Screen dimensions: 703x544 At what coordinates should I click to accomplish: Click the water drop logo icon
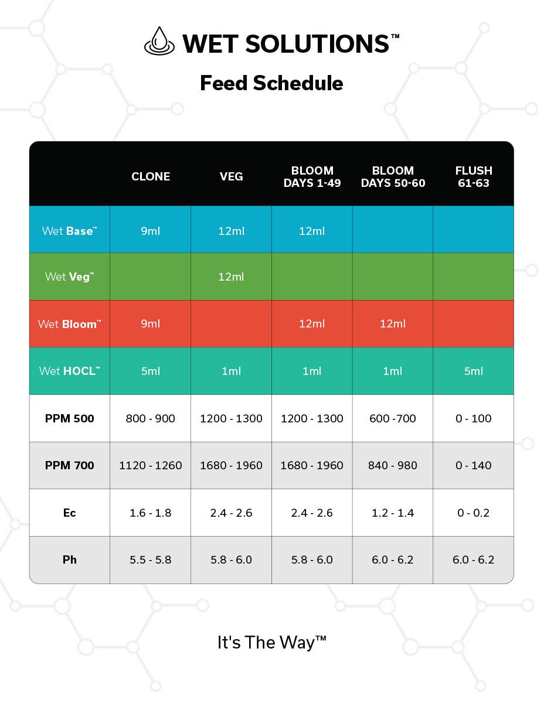click(x=159, y=42)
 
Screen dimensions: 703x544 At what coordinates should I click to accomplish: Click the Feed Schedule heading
click(x=271, y=83)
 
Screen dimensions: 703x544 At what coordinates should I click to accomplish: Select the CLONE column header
click(x=151, y=176)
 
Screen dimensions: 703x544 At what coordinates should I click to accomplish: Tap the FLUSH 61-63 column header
click(x=474, y=176)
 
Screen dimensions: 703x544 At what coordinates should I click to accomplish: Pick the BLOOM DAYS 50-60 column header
click(x=393, y=176)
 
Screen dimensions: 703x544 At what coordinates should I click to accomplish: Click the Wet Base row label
click(x=69, y=231)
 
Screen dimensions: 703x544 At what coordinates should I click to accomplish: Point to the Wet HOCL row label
click(x=69, y=371)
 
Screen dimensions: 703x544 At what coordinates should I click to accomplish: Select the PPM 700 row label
click(x=69, y=466)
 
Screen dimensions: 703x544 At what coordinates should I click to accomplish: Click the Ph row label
click(x=69, y=559)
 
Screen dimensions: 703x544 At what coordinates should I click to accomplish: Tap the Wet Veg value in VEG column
click(x=231, y=277)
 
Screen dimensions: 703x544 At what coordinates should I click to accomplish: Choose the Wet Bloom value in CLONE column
click(x=151, y=324)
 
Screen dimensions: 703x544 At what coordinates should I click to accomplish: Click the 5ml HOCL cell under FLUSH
click(x=474, y=371)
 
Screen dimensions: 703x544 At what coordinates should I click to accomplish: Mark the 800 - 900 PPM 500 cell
click(x=151, y=418)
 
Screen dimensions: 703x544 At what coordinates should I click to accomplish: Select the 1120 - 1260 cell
click(x=151, y=466)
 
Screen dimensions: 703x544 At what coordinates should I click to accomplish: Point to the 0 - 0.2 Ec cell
click(x=474, y=513)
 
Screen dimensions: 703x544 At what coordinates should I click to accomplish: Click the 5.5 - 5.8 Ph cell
click(x=151, y=559)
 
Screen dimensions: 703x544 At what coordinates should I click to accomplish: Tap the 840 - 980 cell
click(x=393, y=466)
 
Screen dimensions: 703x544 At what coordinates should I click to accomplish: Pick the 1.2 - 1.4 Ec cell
click(x=393, y=513)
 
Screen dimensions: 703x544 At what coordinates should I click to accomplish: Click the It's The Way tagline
click(x=271, y=642)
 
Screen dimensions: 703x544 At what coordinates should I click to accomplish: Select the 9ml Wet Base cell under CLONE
click(x=151, y=231)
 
